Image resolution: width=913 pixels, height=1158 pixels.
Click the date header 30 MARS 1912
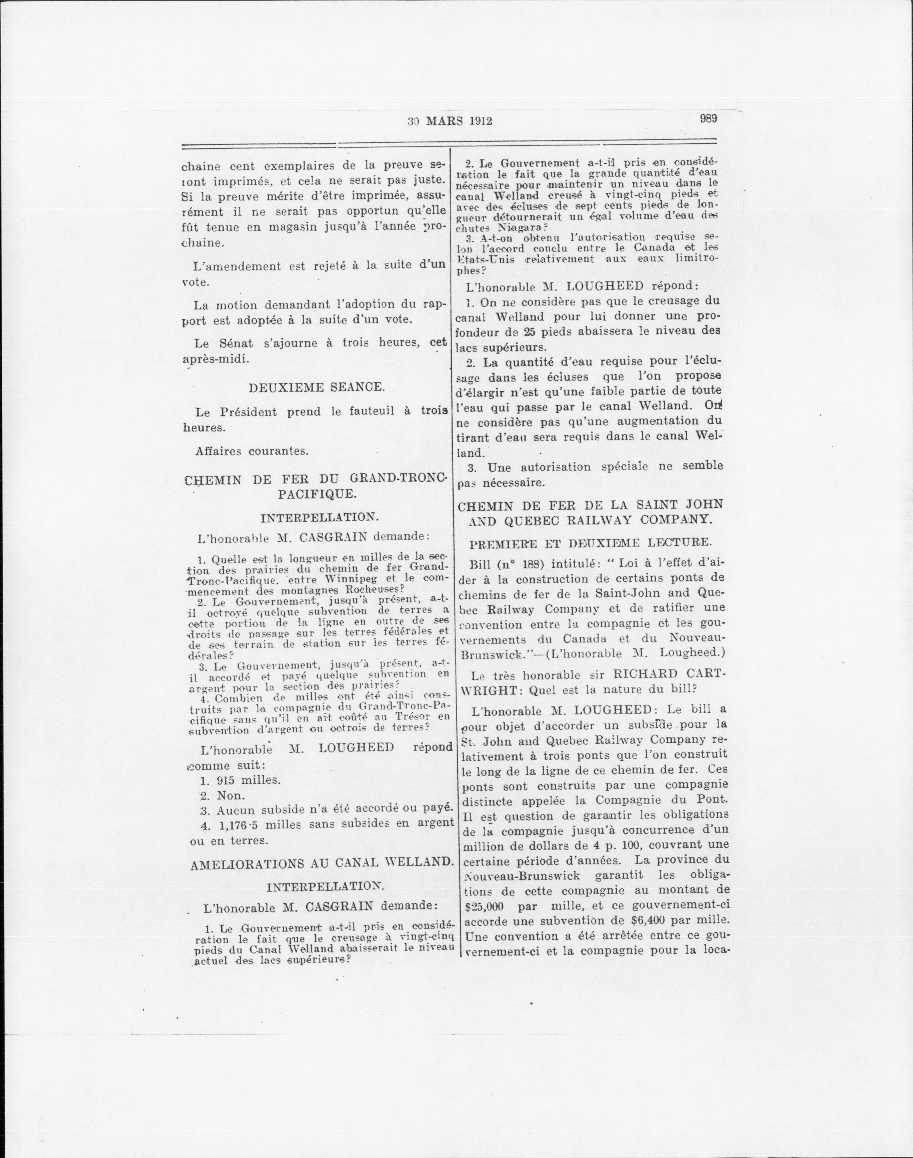click(449, 121)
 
